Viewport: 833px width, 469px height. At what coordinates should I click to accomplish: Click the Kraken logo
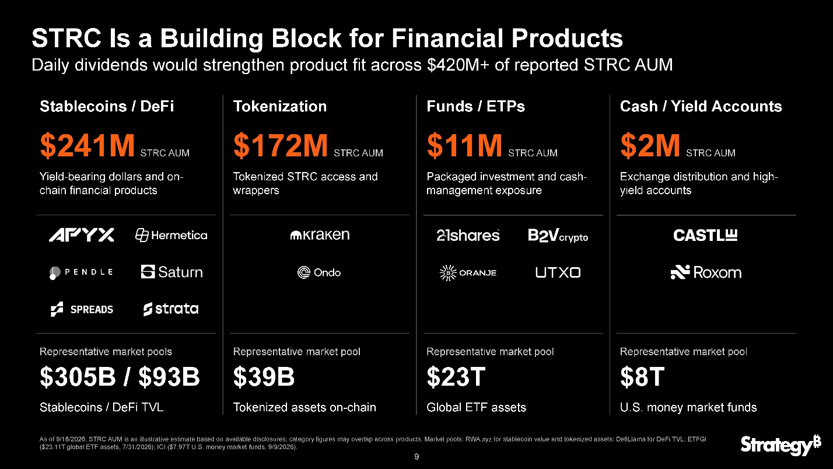coord(320,235)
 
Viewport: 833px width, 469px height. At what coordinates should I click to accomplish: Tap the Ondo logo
coord(319,272)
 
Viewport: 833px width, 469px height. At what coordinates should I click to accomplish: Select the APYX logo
coord(82,235)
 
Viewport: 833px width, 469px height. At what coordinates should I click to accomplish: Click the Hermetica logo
coord(171,236)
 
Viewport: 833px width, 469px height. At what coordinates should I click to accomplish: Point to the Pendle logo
coord(81,272)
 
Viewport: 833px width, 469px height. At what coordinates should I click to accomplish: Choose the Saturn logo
coord(172,272)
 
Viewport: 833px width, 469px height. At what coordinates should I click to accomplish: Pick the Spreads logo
coord(82,309)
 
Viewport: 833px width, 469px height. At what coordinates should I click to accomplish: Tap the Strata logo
coord(171,309)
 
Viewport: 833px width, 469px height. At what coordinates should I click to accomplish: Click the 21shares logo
coord(468,236)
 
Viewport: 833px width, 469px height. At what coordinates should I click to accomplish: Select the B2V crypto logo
coord(558,236)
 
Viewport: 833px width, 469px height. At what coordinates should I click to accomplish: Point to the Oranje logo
coord(468,273)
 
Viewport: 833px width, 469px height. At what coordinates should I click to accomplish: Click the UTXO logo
coord(558,272)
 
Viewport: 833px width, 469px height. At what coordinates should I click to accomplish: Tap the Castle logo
coord(705,235)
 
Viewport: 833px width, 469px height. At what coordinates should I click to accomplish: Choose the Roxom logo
coord(706,272)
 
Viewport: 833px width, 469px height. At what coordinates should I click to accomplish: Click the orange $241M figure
coord(87,145)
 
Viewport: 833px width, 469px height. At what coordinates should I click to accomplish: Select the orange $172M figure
coord(281,145)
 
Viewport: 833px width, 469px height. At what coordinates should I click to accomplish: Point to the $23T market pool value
coord(456,377)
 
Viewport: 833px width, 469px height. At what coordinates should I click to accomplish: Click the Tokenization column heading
coord(279,106)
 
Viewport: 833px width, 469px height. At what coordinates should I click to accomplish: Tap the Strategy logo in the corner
coord(780,444)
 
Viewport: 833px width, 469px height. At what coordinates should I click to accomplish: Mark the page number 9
coord(416,457)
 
